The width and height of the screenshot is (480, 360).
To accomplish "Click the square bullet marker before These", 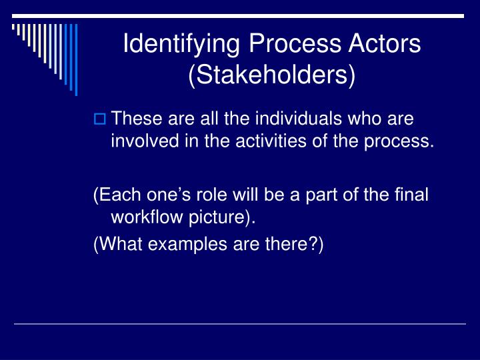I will tap(99, 121).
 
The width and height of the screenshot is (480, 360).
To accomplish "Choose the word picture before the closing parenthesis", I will tap(214, 217).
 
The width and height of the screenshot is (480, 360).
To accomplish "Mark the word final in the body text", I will tap(412, 195).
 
